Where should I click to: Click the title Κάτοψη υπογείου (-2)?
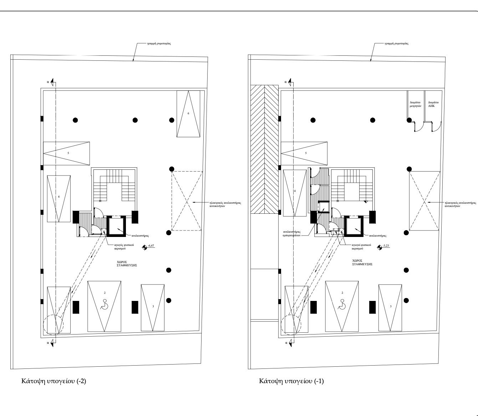pyautogui.click(x=54, y=381)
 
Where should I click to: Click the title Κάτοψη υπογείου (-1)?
pyautogui.click(x=291, y=381)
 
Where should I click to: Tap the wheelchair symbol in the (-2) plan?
pyautogui.click(x=105, y=305)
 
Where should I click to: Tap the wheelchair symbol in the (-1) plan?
pyautogui.click(x=342, y=305)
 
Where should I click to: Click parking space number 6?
pyautogui.click(x=188, y=113)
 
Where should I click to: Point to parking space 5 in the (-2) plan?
pyautogui.click(x=67, y=153)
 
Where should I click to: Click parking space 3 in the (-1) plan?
pyautogui.click(x=390, y=306)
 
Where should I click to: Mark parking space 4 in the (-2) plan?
pyautogui.click(x=59, y=197)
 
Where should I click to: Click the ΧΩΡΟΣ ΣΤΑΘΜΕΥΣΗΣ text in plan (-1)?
pyautogui.click(x=362, y=262)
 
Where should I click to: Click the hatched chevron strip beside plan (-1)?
pyautogui.click(x=264, y=149)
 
